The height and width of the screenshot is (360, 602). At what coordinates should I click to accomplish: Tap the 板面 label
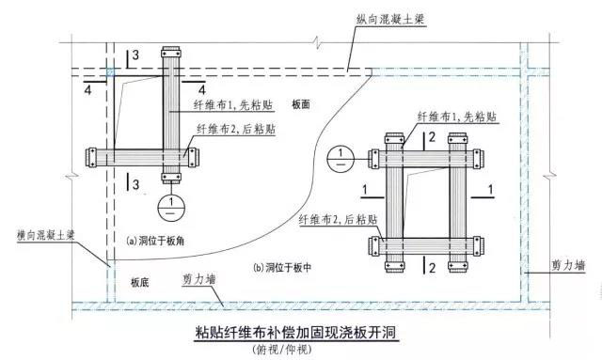click(x=300, y=103)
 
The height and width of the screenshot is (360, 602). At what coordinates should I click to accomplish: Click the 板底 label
click(x=141, y=281)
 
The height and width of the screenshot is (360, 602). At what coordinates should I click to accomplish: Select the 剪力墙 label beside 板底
click(x=197, y=279)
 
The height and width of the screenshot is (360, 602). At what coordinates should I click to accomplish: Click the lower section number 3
click(x=135, y=181)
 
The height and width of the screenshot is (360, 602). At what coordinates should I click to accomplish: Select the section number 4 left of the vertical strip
click(x=87, y=91)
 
